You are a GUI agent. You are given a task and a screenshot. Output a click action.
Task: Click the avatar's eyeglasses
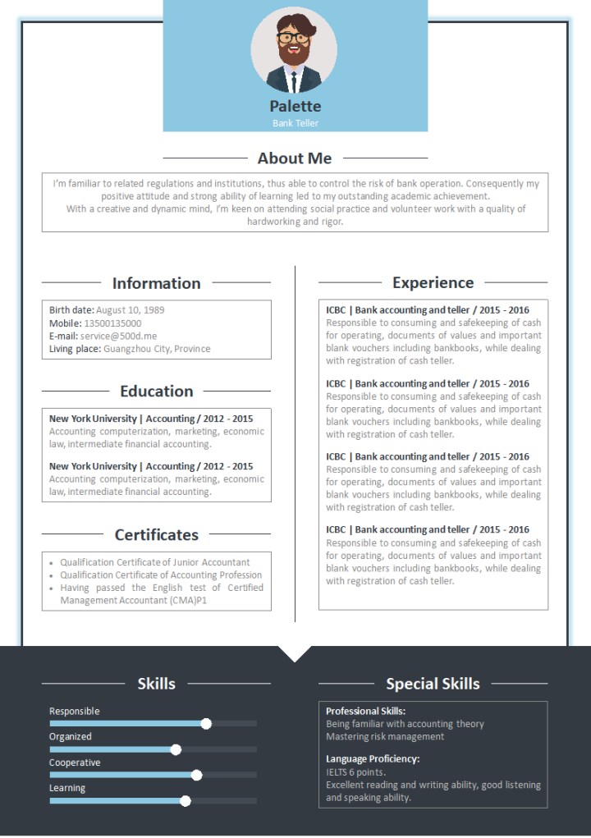point(293,38)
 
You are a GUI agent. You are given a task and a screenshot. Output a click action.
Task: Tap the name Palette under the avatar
point(295,106)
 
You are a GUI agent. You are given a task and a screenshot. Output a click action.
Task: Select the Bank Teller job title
point(295,123)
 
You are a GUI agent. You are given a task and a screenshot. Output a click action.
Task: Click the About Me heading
point(295,158)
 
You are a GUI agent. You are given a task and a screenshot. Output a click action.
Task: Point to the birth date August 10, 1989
point(130,310)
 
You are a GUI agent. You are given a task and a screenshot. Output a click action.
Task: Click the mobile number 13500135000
point(112,323)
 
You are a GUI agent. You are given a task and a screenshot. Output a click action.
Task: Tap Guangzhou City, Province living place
point(157,349)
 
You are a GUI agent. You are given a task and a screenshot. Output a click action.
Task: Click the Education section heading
point(156,392)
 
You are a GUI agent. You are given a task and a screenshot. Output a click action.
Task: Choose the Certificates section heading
point(156,535)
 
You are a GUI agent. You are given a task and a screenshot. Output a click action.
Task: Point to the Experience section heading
point(433,283)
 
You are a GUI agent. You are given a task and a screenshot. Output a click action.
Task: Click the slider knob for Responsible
point(206,723)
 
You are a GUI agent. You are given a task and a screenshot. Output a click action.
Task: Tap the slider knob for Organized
point(176,749)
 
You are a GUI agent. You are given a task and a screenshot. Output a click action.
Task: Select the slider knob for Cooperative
point(196,775)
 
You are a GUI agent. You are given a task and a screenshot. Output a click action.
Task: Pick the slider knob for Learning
point(186,801)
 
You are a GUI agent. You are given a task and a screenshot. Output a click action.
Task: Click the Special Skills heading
point(433,684)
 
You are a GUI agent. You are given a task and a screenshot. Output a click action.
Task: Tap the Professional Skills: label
point(365,711)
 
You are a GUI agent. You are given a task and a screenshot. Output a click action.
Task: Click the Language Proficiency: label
point(373,759)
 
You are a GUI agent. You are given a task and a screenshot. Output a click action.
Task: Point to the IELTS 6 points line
point(355,772)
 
